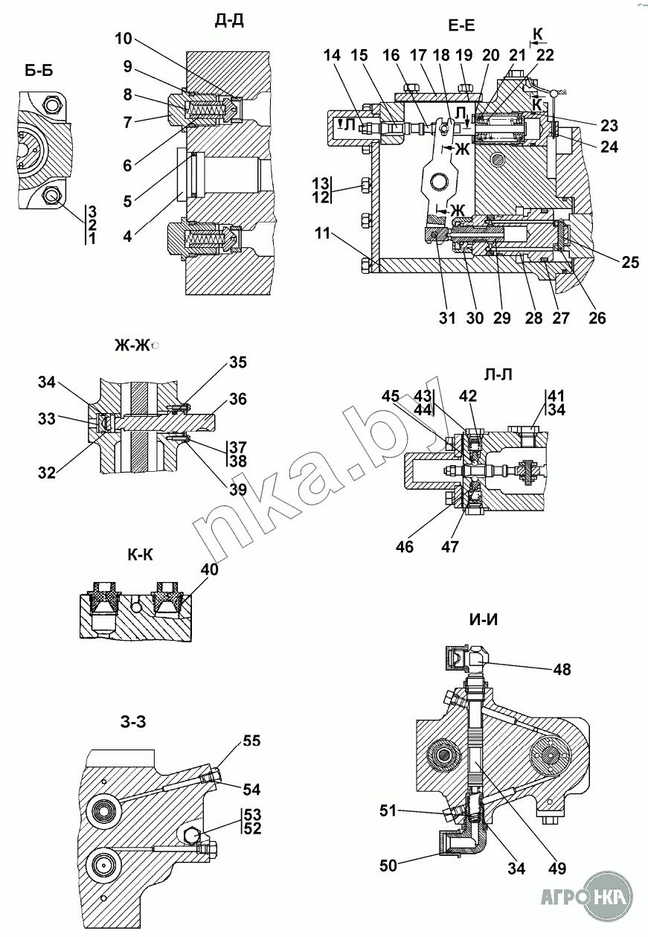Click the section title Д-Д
[228, 19]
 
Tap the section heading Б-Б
[39, 71]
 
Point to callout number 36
[238, 399]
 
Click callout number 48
[562, 670]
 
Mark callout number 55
[252, 741]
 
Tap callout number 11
[321, 234]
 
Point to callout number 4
[128, 237]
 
